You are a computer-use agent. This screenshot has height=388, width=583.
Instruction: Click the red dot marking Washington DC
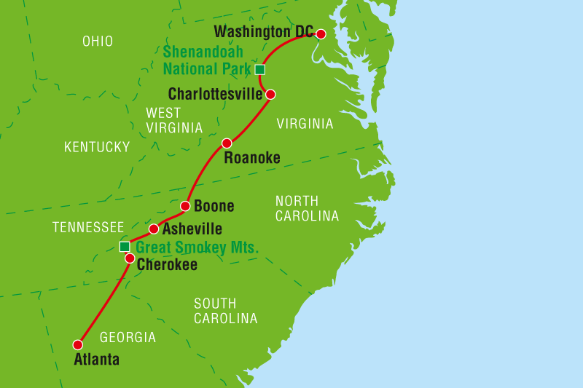click(320, 33)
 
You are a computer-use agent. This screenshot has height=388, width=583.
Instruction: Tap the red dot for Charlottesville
click(270, 94)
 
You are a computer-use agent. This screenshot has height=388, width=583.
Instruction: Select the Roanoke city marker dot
click(227, 143)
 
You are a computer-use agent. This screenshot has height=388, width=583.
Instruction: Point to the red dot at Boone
click(185, 206)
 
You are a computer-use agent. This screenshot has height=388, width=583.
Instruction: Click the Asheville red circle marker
click(154, 229)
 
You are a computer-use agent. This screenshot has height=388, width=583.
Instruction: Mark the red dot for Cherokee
click(129, 258)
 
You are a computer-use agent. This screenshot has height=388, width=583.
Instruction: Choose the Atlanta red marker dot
click(78, 344)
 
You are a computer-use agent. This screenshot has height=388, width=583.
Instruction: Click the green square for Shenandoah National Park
click(260, 70)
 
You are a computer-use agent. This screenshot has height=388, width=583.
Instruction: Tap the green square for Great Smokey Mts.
click(125, 247)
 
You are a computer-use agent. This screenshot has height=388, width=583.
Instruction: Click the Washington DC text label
click(264, 32)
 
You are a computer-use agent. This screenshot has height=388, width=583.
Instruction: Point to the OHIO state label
click(98, 41)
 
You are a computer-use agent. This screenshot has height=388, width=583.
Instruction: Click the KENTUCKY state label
click(97, 148)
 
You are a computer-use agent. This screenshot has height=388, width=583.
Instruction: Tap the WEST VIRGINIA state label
click(174, 120)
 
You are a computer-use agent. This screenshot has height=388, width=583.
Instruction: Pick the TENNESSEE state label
click(88, 228)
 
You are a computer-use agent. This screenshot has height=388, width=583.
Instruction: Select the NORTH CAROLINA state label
click(307, 208)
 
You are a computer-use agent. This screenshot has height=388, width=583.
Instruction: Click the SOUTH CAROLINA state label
click(225, 311)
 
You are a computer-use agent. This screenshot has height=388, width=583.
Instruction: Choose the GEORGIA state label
click(128, 338)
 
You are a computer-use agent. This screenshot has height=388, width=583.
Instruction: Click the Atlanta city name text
click(96, 360)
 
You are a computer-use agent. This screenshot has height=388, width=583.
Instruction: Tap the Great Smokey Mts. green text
click(197, 248)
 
